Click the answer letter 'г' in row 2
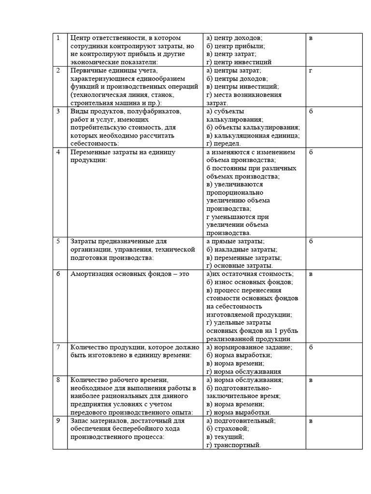[311, 70]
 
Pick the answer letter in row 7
[311, 347]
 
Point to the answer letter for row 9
[311, 421]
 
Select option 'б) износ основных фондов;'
[249, 282]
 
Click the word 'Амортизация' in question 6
[90, 274]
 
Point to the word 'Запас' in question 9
[79, 421]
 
